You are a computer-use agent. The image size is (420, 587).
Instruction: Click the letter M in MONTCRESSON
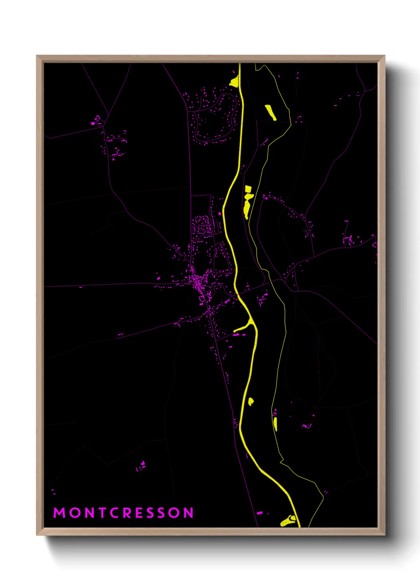[x=59, y=513]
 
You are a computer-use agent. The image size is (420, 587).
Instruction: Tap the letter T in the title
[x=104, y=513]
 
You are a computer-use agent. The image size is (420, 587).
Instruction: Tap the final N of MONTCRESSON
[x=188, y=513]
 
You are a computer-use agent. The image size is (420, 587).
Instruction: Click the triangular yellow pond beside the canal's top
[x=235, y=82]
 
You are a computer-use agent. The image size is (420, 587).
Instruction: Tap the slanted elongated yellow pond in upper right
[x=271, y=112]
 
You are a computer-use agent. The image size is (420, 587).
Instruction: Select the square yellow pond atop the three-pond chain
[x=248, y=189]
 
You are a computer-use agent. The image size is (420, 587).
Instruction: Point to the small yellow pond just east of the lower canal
[x=251, y=402]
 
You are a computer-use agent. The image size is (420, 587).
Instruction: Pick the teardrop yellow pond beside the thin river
[x=276, y=424]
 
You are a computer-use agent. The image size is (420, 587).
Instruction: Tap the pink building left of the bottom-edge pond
[x=260, y=513]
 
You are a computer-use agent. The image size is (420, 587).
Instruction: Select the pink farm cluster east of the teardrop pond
[x=306, y=426]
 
